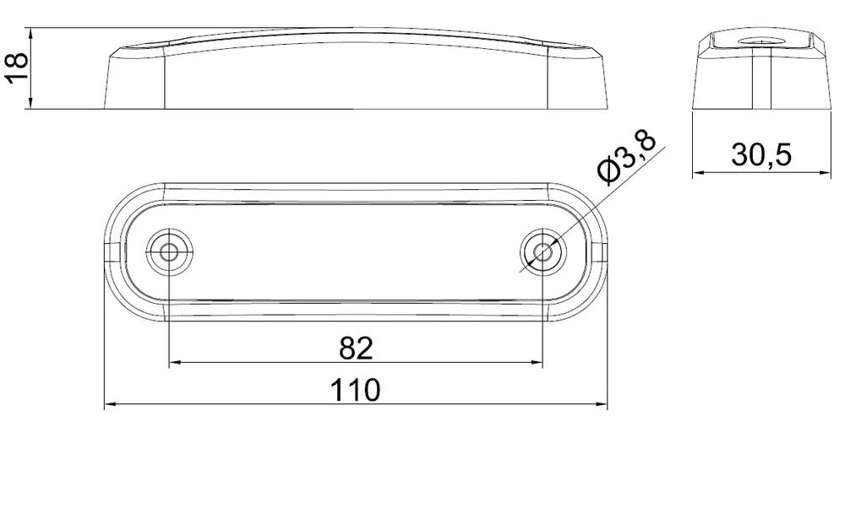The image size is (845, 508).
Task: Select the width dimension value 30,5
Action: tap(761, 155)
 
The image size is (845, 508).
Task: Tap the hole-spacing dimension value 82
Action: tap(356, 349)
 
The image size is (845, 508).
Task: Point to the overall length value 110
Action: tap(355, 390)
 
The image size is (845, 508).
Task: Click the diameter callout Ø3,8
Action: tap(626, 157)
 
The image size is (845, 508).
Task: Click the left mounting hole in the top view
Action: tap(170, 251)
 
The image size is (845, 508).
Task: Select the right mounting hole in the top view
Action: tap(543, 251)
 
